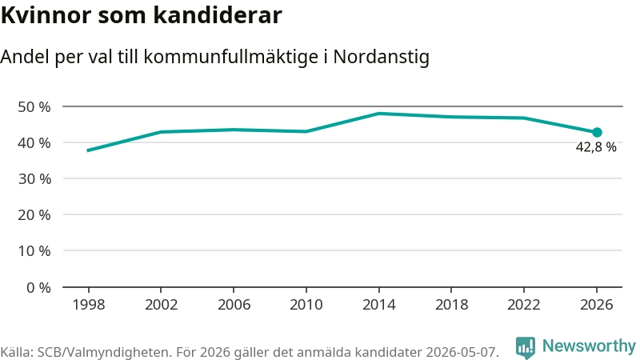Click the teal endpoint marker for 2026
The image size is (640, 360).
[x=597, y=132]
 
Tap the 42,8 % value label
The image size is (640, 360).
[x=596, y=147]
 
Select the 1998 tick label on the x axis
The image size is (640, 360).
[x=89, y=305]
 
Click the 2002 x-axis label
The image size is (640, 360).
[x=162, y=305]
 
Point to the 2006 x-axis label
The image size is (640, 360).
[x=234, y=305]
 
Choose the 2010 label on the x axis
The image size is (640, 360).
[x=306, y=305]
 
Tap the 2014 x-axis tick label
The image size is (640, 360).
[x=378, y=305]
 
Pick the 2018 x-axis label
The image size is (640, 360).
[x=451, y=305]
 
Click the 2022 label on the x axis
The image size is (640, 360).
[x=524, y=305]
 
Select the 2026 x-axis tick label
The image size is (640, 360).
[x=597, y=305]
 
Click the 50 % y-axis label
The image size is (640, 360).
[x=34, y=107]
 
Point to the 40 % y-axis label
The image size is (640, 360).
[x=34, y=143]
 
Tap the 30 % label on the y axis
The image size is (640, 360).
[x=34, y=178]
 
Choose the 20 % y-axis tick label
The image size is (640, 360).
[x=34, y=214]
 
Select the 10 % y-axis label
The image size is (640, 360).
[x=34, y=250]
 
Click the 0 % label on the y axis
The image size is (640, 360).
[x=38, y=288]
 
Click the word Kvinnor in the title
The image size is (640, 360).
[x=46, y=15]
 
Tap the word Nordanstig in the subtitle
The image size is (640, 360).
[x=382, y=57]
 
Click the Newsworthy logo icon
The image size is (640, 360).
[x=526, y=347]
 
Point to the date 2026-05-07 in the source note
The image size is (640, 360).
[x=462, y=352]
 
